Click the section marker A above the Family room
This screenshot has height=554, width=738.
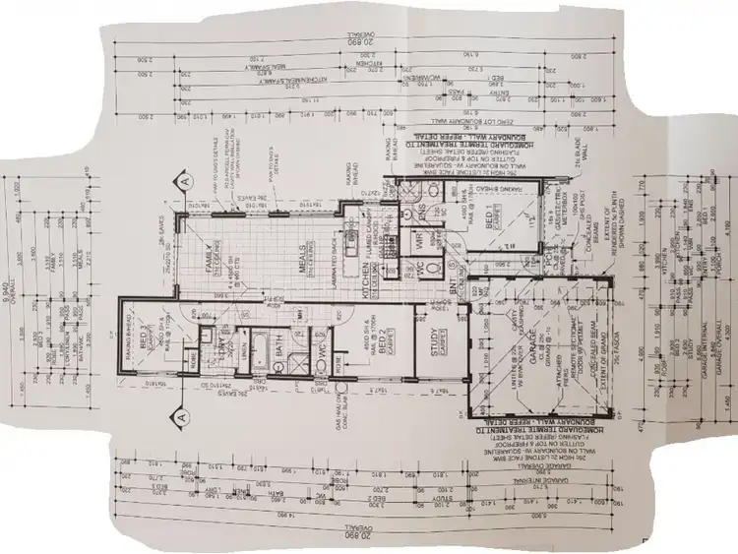(x=182, y=182)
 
